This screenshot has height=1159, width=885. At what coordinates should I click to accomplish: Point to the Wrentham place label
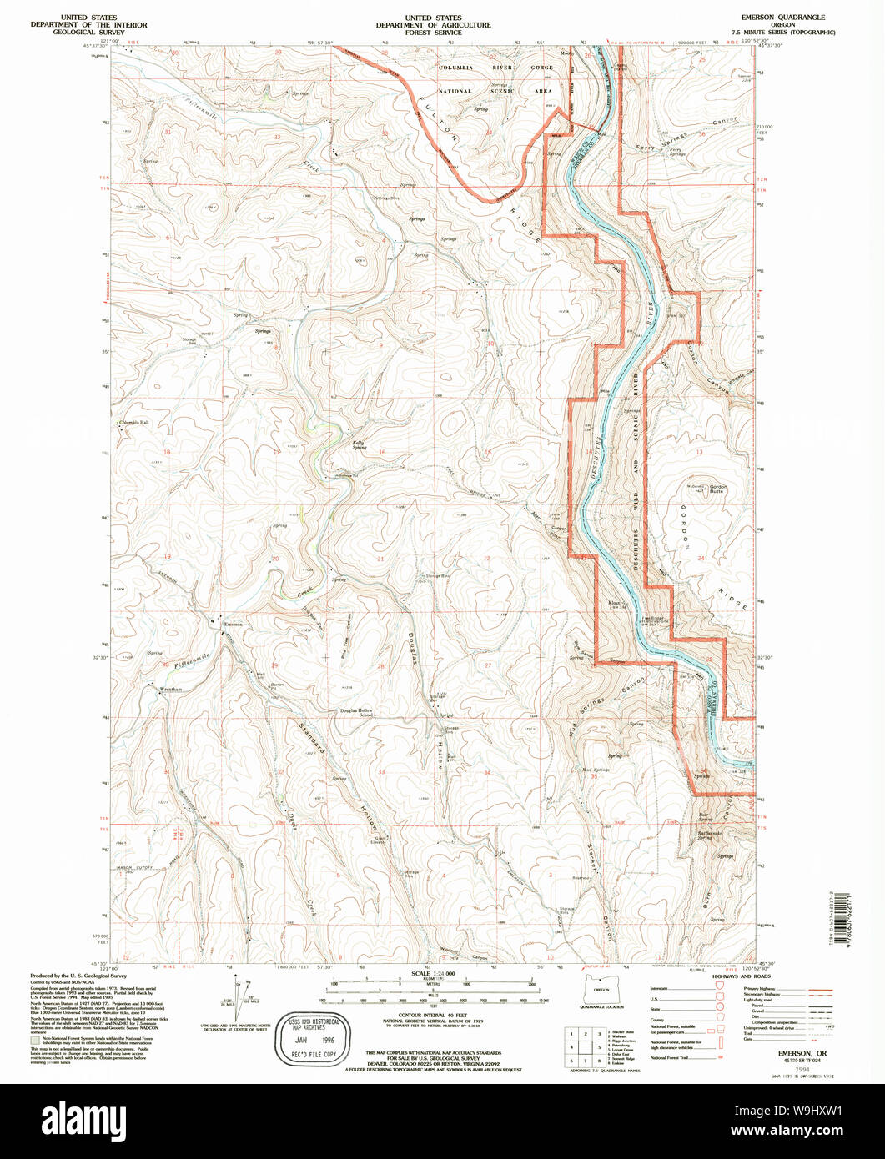click(x=170, y=690)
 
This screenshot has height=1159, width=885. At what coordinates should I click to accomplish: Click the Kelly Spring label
click(x=359, y=445)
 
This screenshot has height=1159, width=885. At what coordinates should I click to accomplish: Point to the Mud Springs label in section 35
click(x=596, y=769)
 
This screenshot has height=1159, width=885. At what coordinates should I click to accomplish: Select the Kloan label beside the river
click(x=616, y=602)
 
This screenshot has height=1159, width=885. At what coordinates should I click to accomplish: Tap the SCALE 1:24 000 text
click(x=432, y=973)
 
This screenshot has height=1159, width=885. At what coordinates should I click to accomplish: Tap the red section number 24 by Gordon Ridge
click(x=701, y=558)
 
